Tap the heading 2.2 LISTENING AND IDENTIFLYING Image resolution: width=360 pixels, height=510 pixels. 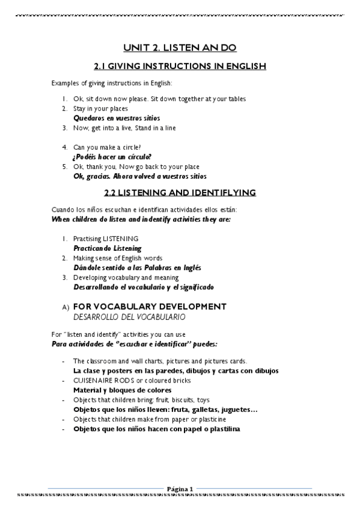180,192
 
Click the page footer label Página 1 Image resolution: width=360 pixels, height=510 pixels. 180,488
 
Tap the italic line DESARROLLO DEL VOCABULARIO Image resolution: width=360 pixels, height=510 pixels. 129,316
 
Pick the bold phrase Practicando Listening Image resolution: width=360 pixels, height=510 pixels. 108,248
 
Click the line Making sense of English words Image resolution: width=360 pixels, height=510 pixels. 118,258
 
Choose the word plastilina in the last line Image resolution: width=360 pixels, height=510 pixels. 221,429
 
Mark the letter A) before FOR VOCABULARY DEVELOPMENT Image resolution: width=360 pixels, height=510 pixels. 66,307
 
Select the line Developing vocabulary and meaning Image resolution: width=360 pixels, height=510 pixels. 126,277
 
